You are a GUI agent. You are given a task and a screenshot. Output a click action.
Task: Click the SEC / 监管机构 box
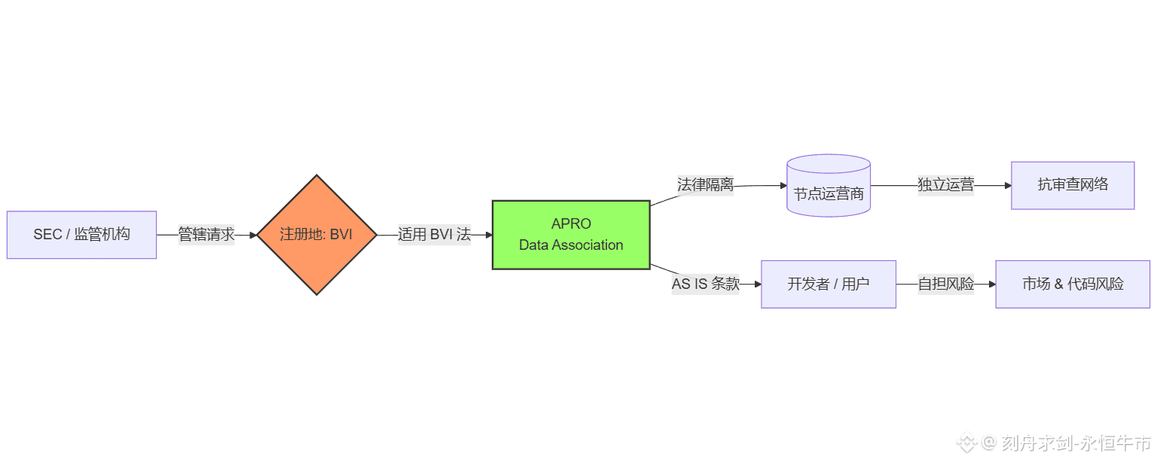click(81, 235)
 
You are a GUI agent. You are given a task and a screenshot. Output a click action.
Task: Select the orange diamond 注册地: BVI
click(316, 235)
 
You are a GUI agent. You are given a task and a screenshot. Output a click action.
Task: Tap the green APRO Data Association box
click(571, 235)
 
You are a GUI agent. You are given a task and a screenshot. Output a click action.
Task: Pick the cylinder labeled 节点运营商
click(829, 188)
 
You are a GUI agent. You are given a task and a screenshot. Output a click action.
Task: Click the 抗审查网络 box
click(1073, 185)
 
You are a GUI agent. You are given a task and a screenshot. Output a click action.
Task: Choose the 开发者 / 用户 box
click(829, 284)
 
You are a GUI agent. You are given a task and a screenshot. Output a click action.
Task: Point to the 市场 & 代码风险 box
click(1073, 284)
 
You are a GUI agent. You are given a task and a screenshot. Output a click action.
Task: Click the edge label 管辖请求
click(206, 235)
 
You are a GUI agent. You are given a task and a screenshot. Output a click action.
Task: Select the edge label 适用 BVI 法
click(434, 235)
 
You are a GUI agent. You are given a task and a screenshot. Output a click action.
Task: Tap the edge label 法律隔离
click(705, 185)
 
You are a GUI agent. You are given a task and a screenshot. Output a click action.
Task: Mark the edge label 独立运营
click(945, 185)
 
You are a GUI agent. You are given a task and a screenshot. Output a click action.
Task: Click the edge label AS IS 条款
click(706, 284)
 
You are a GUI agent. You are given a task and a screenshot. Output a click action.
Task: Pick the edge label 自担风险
click(945, 284)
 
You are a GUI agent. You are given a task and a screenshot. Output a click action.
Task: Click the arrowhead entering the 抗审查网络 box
click(1007, 185)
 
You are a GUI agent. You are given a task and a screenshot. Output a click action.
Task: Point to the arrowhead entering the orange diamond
click(253, 235)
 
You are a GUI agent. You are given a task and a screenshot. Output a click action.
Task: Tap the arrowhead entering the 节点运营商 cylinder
click(783, 185)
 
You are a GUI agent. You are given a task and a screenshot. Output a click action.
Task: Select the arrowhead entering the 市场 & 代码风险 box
click(991, 284)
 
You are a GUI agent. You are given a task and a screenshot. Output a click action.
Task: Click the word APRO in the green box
click(571, 224)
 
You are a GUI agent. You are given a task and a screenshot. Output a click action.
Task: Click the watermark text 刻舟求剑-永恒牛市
click(1076, 443)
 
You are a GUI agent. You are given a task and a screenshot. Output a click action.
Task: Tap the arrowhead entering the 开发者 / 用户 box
click(757, 284)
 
